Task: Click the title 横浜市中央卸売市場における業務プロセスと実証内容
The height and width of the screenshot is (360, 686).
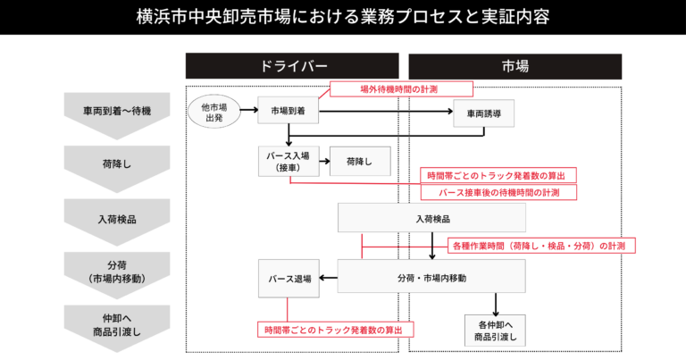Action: [343, 16]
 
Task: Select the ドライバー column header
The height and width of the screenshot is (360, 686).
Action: [292, 66]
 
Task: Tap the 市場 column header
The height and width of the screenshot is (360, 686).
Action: [514, 66]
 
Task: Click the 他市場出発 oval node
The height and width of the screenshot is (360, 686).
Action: [214, 113]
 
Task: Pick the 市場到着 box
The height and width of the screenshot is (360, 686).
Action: [289, 112]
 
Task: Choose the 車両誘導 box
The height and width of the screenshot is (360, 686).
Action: [482, 113]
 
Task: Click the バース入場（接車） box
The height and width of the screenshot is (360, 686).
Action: [288, 161]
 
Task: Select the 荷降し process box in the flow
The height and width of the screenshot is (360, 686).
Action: [360, 161]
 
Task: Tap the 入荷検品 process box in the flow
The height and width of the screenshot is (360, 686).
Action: [431, 218]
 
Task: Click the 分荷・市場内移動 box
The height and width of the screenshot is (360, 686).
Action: [431, 278]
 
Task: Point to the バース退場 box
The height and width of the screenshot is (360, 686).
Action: [289, 279]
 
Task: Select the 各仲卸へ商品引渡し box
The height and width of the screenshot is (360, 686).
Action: [495, 331]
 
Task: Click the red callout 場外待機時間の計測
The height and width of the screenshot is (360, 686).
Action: [398, 88]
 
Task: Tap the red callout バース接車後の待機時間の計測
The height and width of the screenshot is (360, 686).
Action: [498, 192]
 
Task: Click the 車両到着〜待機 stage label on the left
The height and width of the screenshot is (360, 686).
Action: [117, 112]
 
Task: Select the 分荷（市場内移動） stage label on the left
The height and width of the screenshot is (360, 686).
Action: [117, 272]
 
